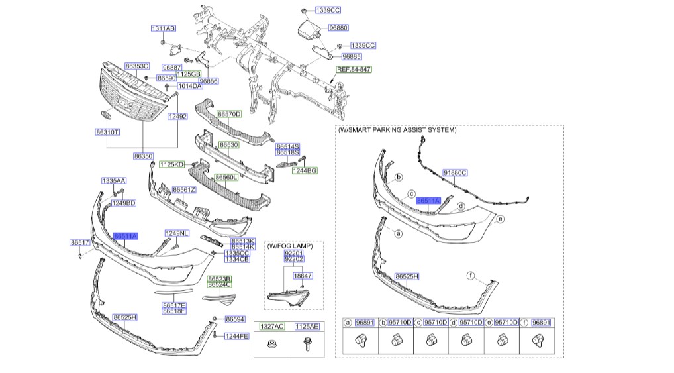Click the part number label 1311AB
pyautogui.click(x=163, y=28)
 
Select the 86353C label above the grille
pyautogui.click(x=137, y=66)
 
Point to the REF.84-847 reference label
pyautogui.click(x=354, y=69)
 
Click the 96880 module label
pyautogui.click(x=339, y=28)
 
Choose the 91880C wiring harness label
pyautogui.click(x=455, y=172)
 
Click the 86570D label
pyautogui.click(x=230, y=114)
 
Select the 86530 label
pyautogui.click(x=228, y=144)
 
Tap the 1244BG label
pyautogui.click(x=305, y=170)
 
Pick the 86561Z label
pyautogui.click(x=183, y=189)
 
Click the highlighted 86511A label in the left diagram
pyautogui.click(x=125, y=236)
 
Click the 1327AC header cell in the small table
pyautogui.click(x=271, y=327)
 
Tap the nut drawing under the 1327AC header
pyautogui.click(x=271, y=345)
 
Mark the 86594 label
pyautogui.click(x=235, y=319)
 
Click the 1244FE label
pyautogui.click(x=236, y=336)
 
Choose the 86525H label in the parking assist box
pyautogui.click(x=407, y=275)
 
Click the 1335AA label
pyautogui.click(x=113, y=180)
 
